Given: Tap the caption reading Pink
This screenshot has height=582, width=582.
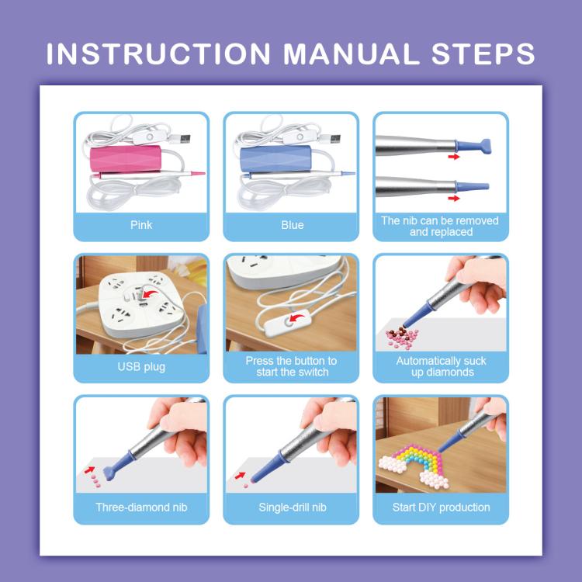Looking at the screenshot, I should point(141,225).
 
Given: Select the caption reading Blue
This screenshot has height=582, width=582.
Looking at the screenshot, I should point(291,225).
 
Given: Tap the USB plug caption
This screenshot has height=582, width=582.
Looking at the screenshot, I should point(141,366).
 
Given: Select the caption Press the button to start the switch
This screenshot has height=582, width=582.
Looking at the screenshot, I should point(291,366).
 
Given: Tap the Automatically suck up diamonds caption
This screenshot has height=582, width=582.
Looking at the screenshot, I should point(441,366).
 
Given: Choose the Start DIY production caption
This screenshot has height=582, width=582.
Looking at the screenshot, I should point(441,508).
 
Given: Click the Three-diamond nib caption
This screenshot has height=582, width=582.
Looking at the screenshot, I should point(141,508).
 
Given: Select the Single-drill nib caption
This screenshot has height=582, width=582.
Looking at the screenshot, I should point(291,508).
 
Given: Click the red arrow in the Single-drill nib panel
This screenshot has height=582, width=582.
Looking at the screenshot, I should point(241,474).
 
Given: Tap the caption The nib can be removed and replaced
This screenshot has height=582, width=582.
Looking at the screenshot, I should point(441,226).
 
